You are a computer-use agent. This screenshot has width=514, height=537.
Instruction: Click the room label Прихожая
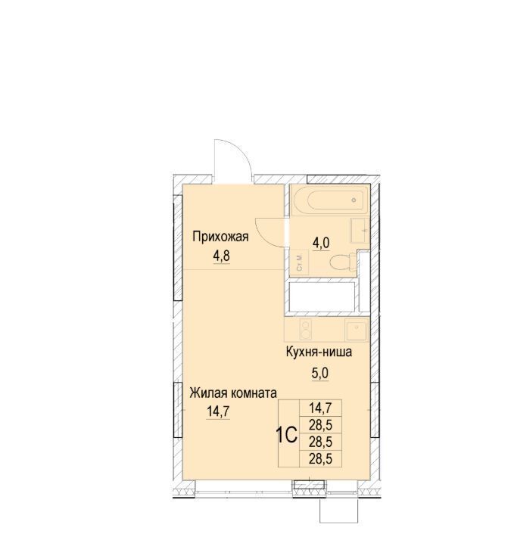click(220, 237)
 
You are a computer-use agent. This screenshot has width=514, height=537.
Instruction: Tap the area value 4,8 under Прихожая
click(222, 256)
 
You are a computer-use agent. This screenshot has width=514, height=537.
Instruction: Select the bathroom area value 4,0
click(321, 243)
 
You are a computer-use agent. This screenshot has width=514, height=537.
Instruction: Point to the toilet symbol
click(344, 262)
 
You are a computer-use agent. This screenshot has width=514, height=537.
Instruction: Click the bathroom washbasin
click(360, 231)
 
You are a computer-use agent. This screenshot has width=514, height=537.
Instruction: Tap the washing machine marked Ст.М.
click(299, 262)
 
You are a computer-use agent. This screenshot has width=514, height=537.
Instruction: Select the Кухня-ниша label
click(319, 352)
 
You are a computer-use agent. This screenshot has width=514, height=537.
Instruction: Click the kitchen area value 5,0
click(319, 373)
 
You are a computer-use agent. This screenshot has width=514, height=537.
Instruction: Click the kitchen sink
click(357, 331)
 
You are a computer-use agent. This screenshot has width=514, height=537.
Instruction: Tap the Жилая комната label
click(233, 393)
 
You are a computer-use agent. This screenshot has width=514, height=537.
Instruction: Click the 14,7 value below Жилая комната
click(218, 411)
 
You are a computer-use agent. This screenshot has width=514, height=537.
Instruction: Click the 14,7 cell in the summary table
click(321, 408)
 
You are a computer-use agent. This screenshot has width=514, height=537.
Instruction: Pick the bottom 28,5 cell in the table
click(321, 458)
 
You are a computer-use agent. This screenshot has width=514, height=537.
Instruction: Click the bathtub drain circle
click(354, 200)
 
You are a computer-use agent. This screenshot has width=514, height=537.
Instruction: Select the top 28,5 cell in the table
click(321, 425)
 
